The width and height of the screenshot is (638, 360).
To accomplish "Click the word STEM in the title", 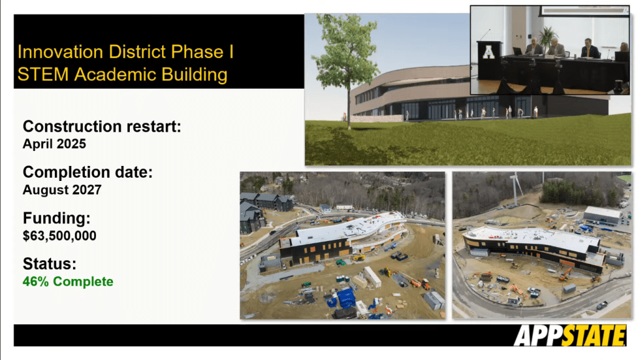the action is [x=43, y=74].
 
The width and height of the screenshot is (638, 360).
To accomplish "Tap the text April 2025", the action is [x=54, y=144].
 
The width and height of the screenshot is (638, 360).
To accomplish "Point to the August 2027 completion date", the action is [x=62, y=190].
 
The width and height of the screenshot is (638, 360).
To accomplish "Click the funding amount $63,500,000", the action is [x=59, y=236].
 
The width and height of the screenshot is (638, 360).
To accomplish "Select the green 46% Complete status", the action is [x=68, y=281].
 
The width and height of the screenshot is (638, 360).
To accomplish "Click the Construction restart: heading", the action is [x=102, y=126].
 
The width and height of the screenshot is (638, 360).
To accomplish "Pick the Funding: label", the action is [x=57, y=218].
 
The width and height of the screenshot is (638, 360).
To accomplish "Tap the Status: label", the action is [x=50, y=263].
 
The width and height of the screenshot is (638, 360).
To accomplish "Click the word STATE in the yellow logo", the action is [x=594, y=336].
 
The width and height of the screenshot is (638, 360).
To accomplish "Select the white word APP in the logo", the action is [x=538, y=336].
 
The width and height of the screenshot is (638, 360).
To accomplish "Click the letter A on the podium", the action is [x=488, y=52].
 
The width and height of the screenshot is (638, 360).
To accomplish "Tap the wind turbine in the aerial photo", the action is [x=516, y=187].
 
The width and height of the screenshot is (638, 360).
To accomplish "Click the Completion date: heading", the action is [x=87, y=172].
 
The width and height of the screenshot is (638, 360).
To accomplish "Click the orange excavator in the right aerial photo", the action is [x=565, y=274].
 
